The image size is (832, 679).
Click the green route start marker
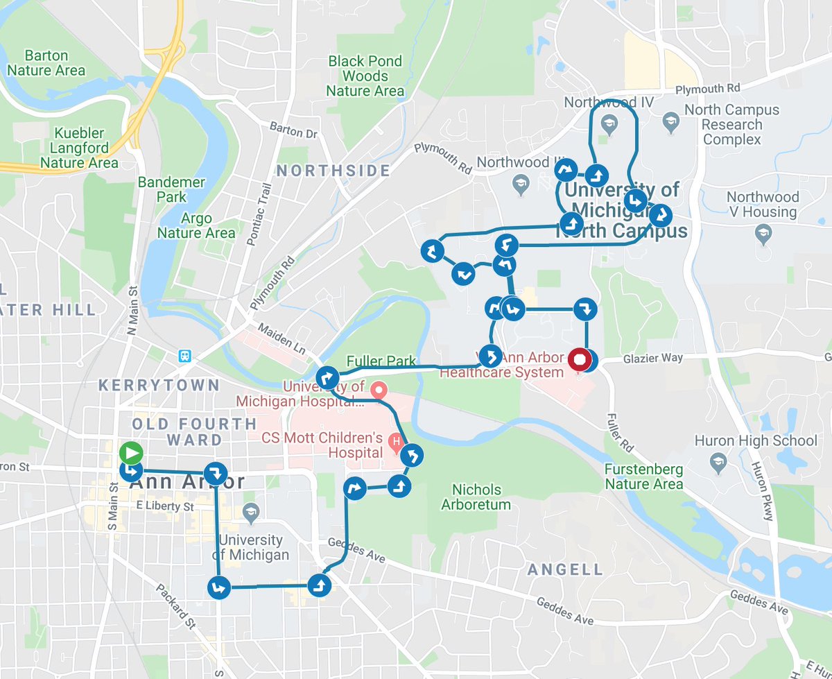(x=130, y=453)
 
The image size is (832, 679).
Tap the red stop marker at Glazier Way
(x=579, y=361)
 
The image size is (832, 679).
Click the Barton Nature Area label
(x=46, y=62)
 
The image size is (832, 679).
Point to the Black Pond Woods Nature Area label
(x=365, y=76)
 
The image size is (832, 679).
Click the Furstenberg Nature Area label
(x=643, y=476)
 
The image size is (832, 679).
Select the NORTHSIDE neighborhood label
(x=333, y=171)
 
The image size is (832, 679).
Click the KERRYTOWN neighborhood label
(x=159, y=385)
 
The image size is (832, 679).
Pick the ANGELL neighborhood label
(x=565, y=569)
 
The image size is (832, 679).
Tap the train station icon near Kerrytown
(x=184, y=356)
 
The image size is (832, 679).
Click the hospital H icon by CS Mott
(x=395, y=440)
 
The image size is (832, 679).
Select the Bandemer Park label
(x=171, y=189)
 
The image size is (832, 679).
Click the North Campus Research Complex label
(x=731, y=125)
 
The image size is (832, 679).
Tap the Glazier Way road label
(x=652, y=358)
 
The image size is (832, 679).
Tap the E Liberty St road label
(x=164, y=507)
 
